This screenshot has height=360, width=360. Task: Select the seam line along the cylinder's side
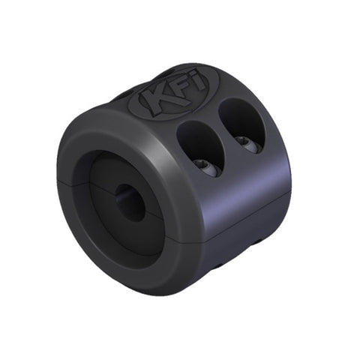tap(247, 213)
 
